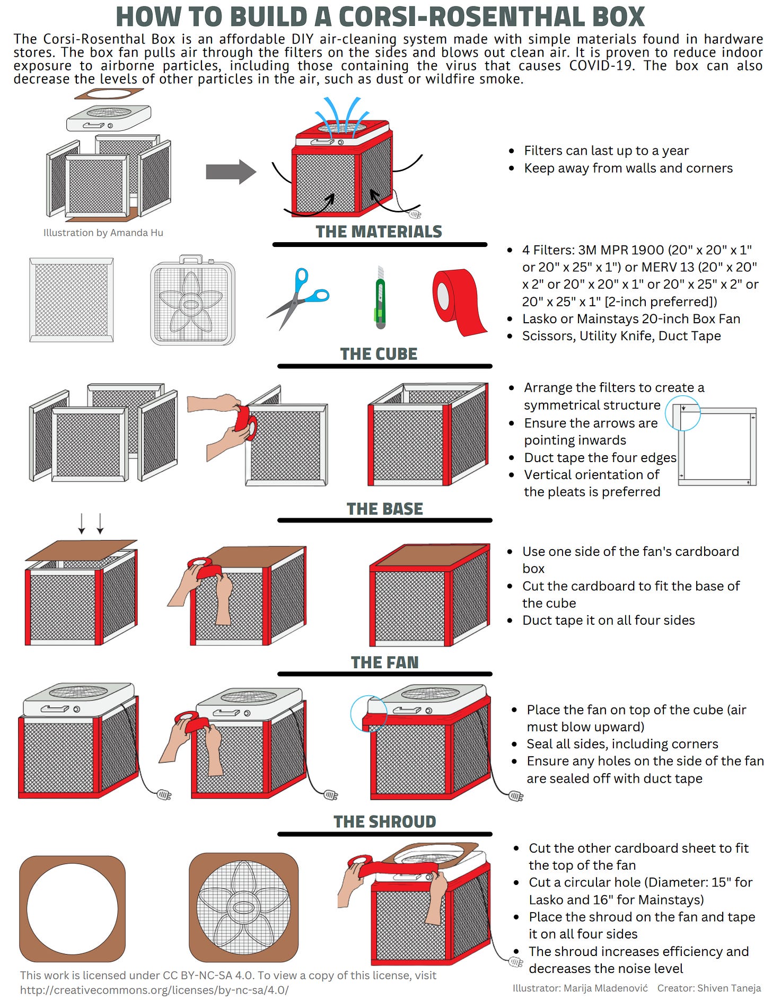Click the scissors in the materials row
click(297, 299)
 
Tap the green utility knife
click(380, 298)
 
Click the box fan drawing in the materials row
click(192, 301)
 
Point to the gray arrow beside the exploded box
click(231, 172)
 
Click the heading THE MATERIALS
click(379, 232)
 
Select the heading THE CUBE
click(379, 354)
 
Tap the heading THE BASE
click(384, 509)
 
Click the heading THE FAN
click(384, 662)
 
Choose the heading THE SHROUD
click(384, 821)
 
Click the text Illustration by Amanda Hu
click(103, 233)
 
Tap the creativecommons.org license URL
click(154, 990)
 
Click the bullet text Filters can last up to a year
click(606, 151)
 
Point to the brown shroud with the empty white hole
click(73, 908)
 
